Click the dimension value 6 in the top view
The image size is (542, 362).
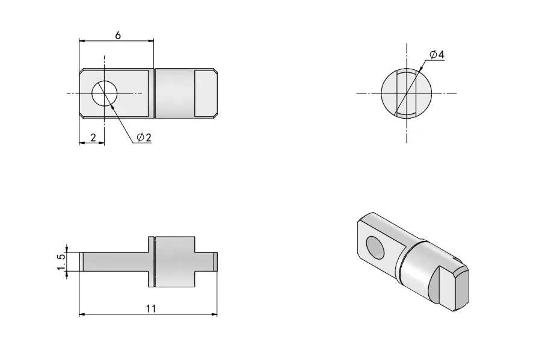tap(118, 35)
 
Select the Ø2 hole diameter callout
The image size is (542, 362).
tap(144, 137)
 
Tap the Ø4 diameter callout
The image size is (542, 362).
tap(437, 55)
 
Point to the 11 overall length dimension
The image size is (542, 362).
tap(151, 308)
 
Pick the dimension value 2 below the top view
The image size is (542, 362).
tap(93, 137)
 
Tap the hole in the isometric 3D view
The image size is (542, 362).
tap(376, 246)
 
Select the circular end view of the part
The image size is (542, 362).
tap(407, 93)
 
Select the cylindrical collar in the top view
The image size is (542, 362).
tap(174, 93)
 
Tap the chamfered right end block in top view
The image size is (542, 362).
tap(206, 93)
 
